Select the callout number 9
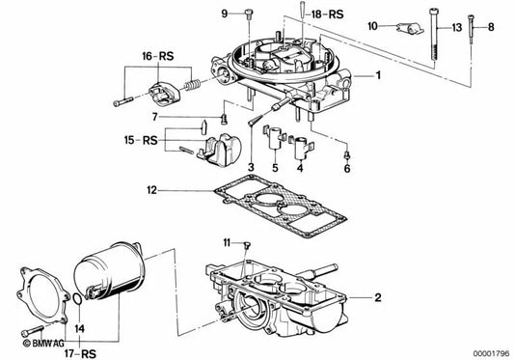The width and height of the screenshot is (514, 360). point(198,14)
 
